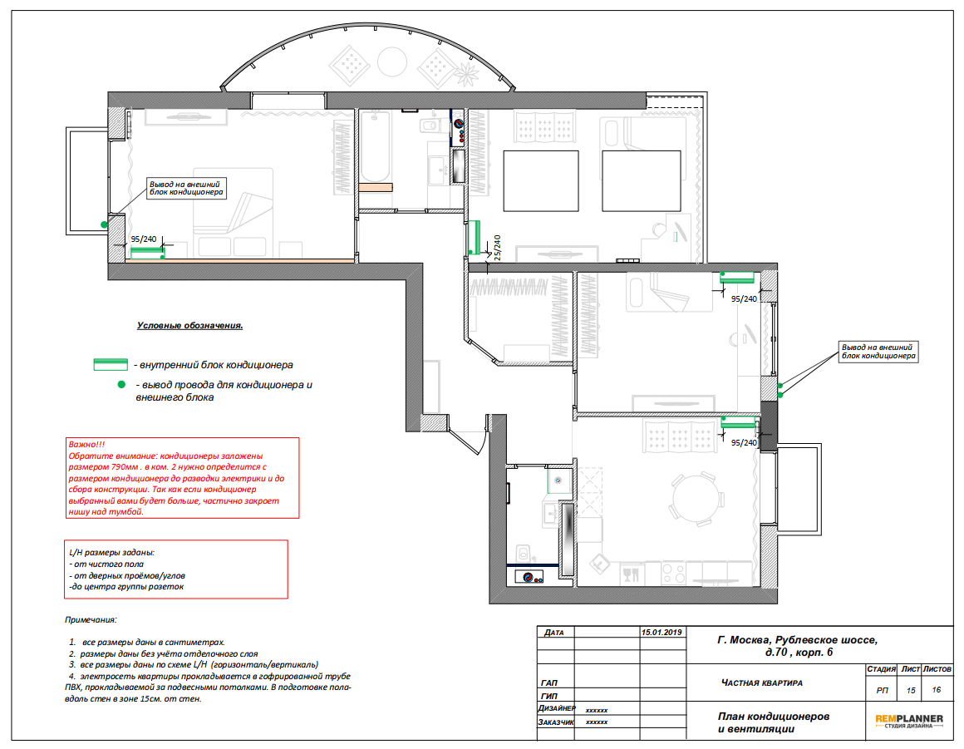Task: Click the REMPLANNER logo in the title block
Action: point(908,721)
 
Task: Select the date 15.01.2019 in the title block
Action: point(662,632)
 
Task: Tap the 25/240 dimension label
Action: point(497,248)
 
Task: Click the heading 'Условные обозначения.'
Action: point(189,325)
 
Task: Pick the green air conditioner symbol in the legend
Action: point(111,365)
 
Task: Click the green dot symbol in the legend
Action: point(121,384)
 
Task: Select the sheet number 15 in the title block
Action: point(911,691)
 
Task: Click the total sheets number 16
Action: point(937,690)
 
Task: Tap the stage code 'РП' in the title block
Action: point(882,691)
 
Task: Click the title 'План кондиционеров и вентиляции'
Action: point(774,722)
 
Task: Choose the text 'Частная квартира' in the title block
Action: point(762,682)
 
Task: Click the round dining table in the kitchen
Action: point(696,499)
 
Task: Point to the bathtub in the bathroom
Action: point(375,146)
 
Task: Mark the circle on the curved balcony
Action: point(391,62)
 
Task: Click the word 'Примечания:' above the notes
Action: point(91,620)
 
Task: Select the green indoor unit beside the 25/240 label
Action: point(474,238)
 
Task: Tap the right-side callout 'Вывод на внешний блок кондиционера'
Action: point(878,352)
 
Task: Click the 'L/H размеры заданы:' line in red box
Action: point(112,552)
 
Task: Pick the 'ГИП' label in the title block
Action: point(548,696)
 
